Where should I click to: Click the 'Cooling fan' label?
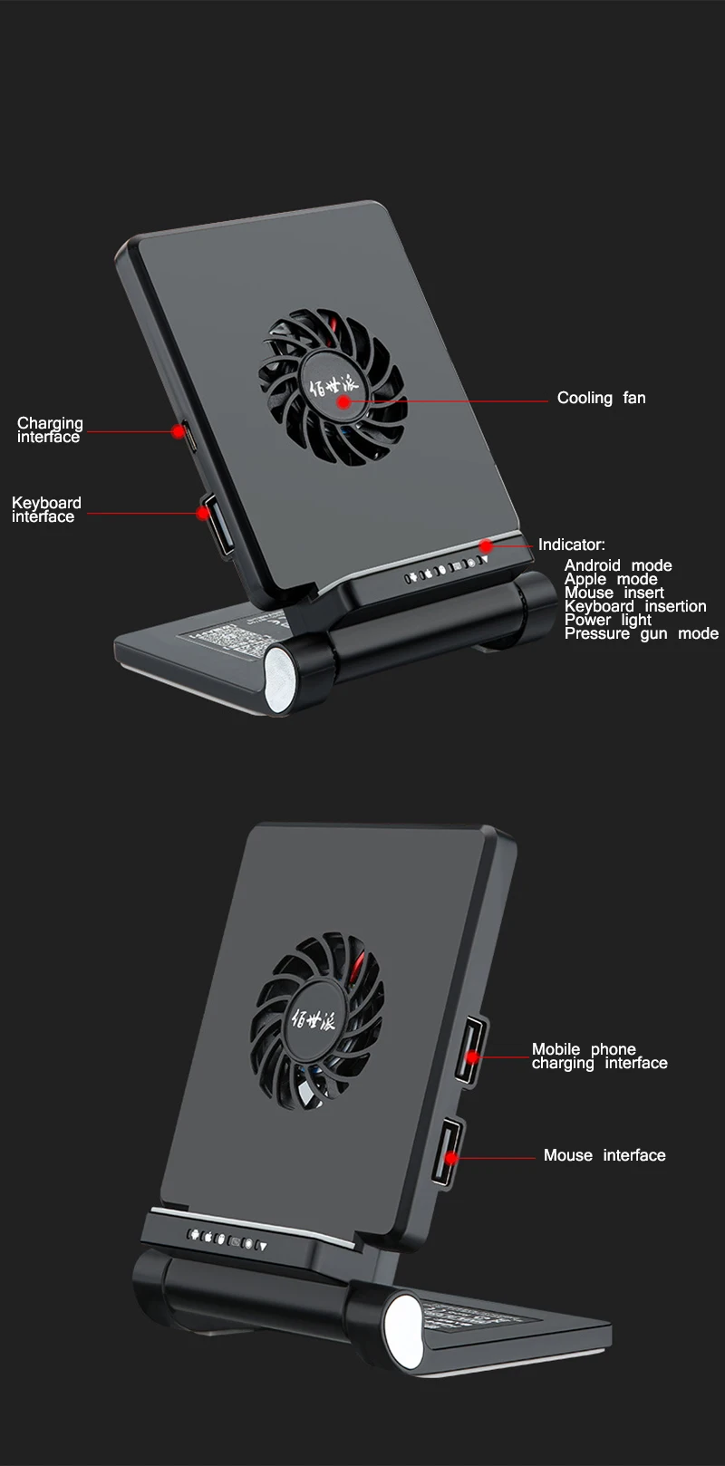[x=601, y=398]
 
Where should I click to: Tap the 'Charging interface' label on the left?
[x=50, y=429]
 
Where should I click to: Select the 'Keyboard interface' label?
[x=46, y=509]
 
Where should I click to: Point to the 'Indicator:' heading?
[x=571, y=545]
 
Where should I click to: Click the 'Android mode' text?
[x=618, y=565]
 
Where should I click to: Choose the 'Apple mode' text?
[x=611, y=579]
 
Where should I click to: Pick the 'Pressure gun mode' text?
[x=641, y=633]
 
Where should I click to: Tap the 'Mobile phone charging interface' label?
[x=599, y=1056]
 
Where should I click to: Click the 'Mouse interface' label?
[x=604, y=1155]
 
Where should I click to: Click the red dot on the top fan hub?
[x=344, y=400]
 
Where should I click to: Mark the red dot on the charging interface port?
[x=179, y=432]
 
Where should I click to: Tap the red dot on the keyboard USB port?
[x=202, y=513]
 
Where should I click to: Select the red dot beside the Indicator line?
[x=487, y=545]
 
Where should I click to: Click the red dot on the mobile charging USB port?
[x=472, y=1056]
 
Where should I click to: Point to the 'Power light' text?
[x=607, y=620]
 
